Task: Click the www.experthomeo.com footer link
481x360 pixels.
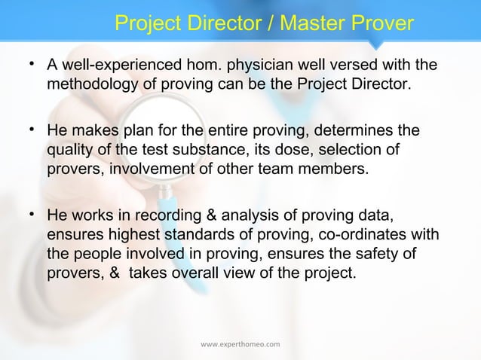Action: pyautogui.click(x=240, y=344)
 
